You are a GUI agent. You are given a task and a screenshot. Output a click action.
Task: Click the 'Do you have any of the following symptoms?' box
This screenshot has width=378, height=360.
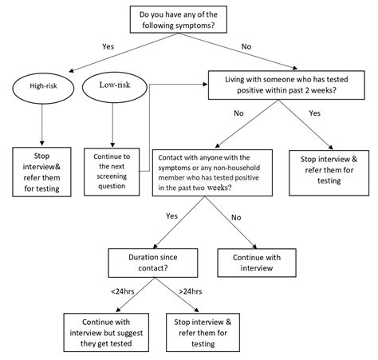click(179, 19)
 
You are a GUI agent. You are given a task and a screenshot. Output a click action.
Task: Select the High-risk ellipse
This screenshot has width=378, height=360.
click(43, 88)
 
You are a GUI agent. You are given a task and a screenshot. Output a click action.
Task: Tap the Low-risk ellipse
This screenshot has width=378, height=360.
click(115, 87)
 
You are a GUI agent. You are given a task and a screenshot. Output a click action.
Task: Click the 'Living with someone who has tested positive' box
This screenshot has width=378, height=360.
click(286, 85)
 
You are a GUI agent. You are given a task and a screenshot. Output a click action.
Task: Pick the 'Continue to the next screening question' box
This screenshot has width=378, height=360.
click(112, 172)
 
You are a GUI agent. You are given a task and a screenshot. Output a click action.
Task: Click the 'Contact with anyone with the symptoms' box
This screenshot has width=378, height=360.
click(212, 172)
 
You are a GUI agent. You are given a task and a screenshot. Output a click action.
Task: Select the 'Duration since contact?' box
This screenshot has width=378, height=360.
click(153, 263)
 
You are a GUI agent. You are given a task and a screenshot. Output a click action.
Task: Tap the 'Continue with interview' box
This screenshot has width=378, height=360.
click(257, 263)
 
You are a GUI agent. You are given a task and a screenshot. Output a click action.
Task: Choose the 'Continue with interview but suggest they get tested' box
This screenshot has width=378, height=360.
click(106, 333)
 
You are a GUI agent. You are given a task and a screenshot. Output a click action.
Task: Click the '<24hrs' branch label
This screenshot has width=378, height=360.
click(123, 291)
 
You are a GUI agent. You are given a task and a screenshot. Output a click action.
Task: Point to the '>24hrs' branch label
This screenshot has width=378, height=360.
click(191, 291)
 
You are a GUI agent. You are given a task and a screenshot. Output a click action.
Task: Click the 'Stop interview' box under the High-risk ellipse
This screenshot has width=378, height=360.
click(41, 172)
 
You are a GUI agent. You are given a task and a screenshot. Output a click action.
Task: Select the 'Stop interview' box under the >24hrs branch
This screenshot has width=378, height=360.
click(203, 333)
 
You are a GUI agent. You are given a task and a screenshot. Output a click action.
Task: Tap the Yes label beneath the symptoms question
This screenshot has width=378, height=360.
click(108, 46)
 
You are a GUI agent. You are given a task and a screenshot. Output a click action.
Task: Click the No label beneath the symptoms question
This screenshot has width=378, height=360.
click(246, 46)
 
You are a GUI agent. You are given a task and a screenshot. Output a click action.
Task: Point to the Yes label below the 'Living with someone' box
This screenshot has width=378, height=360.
click(315, 113)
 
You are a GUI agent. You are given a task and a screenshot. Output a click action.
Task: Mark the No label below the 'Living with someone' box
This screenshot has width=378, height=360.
click(238, 113)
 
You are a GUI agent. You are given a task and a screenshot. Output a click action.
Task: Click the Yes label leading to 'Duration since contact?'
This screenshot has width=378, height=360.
click(171, 216)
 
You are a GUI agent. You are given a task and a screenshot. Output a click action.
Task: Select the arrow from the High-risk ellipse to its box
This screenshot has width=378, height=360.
click(41, 125)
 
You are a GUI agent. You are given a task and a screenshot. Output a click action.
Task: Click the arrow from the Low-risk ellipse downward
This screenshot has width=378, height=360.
click(112, 125)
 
